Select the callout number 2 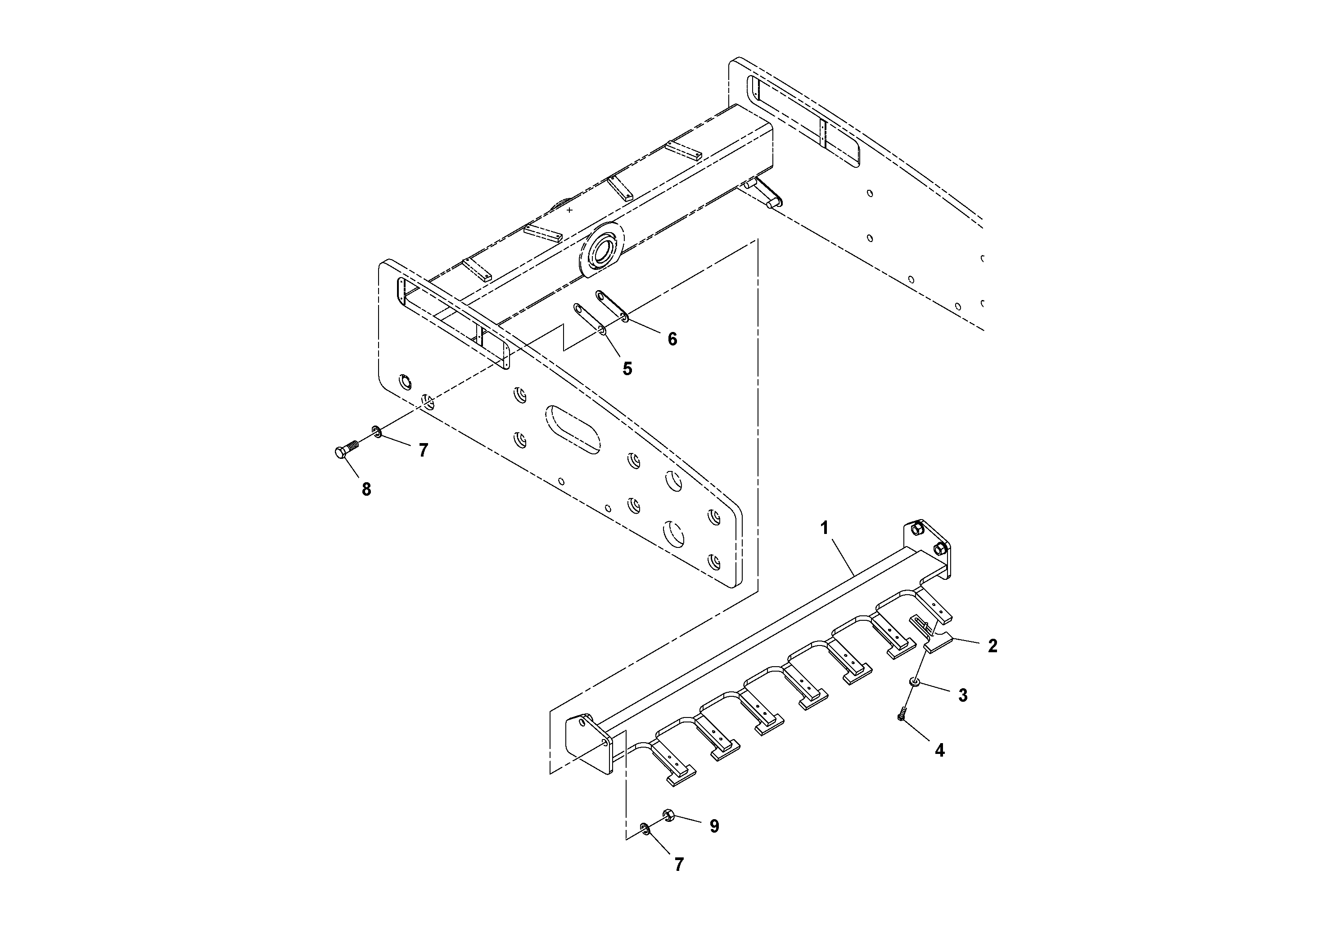pyautogui.click(x=992, y=646)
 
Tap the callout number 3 pyautogui.click(x=963, y=695)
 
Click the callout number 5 pyautogui.click(x=627, y=368)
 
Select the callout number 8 pyautogui.click(x=366, y=490)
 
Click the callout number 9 pyautogui.click(x=714, y=826)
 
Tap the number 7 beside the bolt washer pyautogui.click(x=423, y=450)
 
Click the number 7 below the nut pyautogui.click(x=678, y=864)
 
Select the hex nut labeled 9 pyautogui.click(x=669, y=815)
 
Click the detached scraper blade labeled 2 pyautogui.click(x=936, y=645)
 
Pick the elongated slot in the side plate pyautogui.click(x=573, y=430)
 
